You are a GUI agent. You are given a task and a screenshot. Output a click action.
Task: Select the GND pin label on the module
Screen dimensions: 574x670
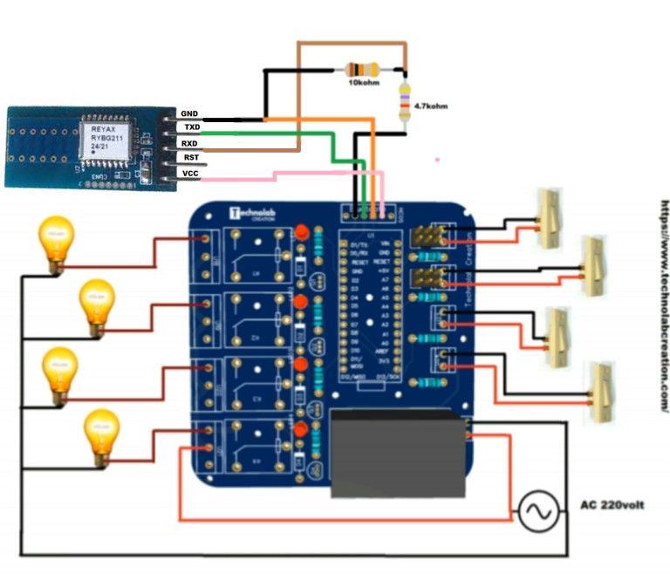coord(188,114)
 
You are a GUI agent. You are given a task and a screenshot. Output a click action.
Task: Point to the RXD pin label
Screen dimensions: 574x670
coord(188,143)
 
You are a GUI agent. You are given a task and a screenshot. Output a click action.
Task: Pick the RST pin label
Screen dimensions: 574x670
coord(188,158)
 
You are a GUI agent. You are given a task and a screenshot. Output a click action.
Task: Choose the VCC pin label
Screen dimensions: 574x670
coord(188,174)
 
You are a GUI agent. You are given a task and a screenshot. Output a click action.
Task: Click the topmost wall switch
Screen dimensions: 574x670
coord(549,218)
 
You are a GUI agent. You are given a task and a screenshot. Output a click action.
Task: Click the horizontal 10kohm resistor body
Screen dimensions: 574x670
coord(364,69)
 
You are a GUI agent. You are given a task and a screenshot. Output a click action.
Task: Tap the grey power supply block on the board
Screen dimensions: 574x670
coord(398,453)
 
